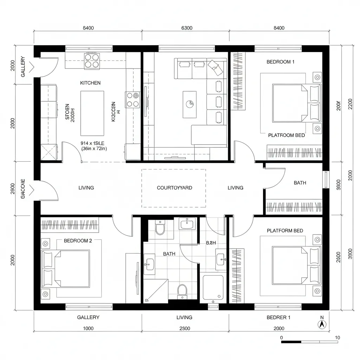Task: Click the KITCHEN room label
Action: (x=90, y=83)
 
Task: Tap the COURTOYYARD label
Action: (x=174, y=188)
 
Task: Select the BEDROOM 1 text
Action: (x=281, y=62)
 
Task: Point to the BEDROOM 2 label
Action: (x=78, y=241)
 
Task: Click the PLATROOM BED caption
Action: (x=287, y=135)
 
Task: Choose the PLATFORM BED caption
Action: (x=285, y=231)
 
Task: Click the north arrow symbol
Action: (x=321, y=324)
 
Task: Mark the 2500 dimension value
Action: (x=184, y=328)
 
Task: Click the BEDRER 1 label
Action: (x=278, y=317)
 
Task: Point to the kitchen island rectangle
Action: (x=92, y=113)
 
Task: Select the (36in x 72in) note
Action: (x=94, y=149)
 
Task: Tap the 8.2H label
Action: (x=211, y=243)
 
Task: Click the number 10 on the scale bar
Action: (x=337, y=338)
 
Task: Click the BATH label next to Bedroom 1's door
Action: (x=300, y=183)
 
